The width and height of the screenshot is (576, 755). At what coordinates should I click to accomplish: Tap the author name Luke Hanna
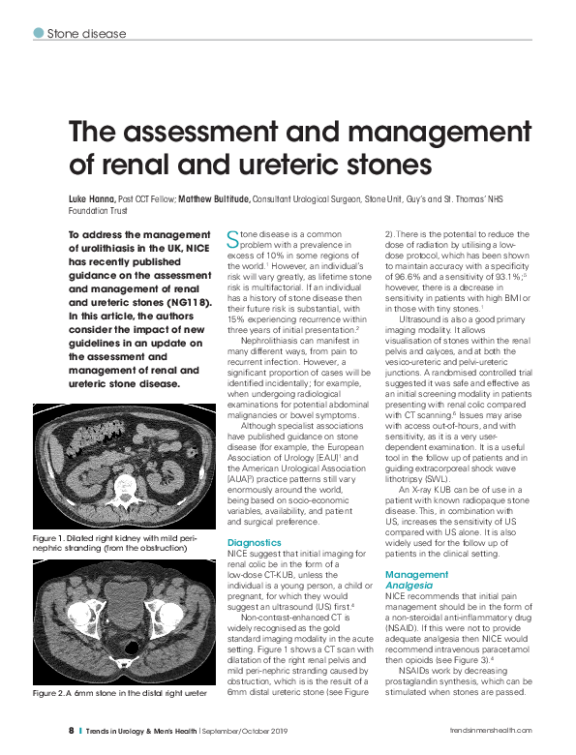91,198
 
